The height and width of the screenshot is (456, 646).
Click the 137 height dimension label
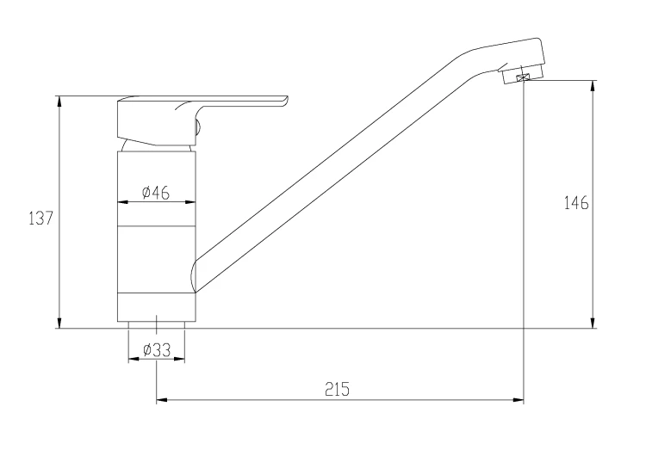[41, 219]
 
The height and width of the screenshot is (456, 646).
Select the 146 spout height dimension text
[576, 203]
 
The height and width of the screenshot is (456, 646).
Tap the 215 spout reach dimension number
[337, 389]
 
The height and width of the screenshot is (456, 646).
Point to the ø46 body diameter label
[156, 193]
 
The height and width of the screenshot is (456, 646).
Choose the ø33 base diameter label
[157, 350]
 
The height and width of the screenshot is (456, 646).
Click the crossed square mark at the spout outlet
[523, 77]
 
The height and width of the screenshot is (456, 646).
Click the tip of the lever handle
[287, 99]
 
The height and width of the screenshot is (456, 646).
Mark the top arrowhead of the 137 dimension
[59, 102]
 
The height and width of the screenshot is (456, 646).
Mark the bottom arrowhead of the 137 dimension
[59, 323]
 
